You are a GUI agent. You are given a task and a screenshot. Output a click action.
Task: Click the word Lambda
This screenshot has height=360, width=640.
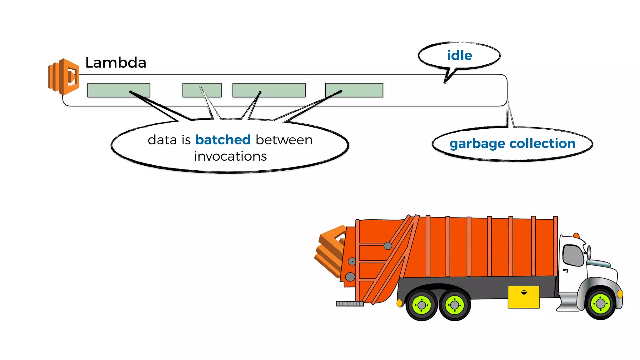pyautogui.click(x=116, y=62)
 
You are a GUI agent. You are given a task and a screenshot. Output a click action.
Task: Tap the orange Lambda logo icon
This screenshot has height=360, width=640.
pyautogui.click(x=64, y=77)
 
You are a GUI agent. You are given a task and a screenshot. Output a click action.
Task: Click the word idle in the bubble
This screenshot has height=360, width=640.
pyautogui.click(x=459, y=56)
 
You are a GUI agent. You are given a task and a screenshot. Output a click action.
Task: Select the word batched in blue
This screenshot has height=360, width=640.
pyautogui.click(x=223, y=140)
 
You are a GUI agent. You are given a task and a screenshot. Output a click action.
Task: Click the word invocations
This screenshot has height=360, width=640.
pyautogui.click(x=230, y=156)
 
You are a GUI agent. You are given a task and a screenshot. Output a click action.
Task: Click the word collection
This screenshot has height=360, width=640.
pyautogui.click(x=542, y=143)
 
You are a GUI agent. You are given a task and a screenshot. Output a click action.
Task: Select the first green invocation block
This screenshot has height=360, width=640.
pyautogui.click(x=118, y=90)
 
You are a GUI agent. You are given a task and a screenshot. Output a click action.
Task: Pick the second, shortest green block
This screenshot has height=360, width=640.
pyautogui.click(x=202, y=90)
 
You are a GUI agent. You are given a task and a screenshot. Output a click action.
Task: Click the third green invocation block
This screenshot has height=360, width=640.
pyautogui.click(x=269, y=90)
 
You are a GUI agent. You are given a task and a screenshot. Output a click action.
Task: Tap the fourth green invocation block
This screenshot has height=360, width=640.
pyautogui.click(x=354, y=90)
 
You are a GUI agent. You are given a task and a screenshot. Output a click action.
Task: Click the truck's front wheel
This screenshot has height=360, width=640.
pyautogui.click(x=600, y=303)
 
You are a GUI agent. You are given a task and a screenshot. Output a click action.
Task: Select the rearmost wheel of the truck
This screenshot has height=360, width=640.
pyautogui.click(x=422, y=305)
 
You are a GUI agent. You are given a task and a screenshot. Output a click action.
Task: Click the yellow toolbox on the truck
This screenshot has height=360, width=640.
pyautogui.click(x=523, y=297)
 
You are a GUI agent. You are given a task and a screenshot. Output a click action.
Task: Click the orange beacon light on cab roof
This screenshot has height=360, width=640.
pyautogui.click(x=576, y=235)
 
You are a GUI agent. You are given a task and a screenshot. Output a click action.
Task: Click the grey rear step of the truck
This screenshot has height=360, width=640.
pyautogui.click(x=349, y=303)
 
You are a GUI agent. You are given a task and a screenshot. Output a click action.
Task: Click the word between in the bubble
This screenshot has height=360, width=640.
pyautogui.click(x=284, y=140)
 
